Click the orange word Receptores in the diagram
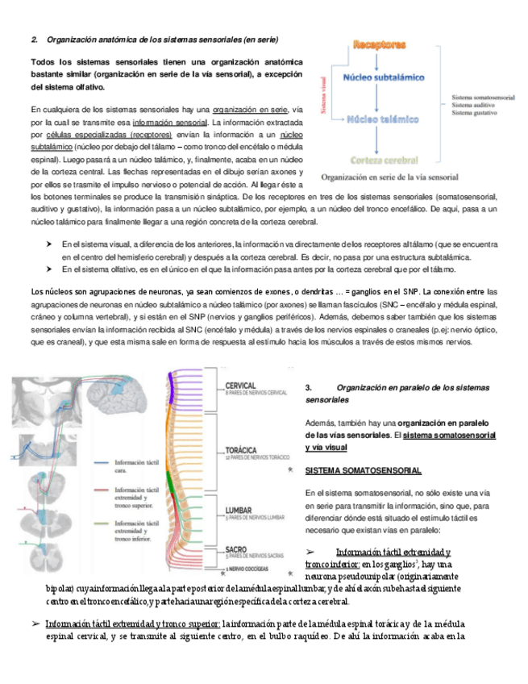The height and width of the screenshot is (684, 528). click(379, 46)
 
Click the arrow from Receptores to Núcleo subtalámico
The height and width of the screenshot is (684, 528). click(377, 61)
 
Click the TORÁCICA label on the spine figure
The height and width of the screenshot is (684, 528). click(243, 448)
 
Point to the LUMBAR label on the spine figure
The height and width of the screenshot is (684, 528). click(241, 510)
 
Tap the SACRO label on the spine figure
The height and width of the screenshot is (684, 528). click(239, 548)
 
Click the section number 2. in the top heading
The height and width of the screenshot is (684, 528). click(35, 39)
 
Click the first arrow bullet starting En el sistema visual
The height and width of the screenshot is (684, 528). click(50, 244)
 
